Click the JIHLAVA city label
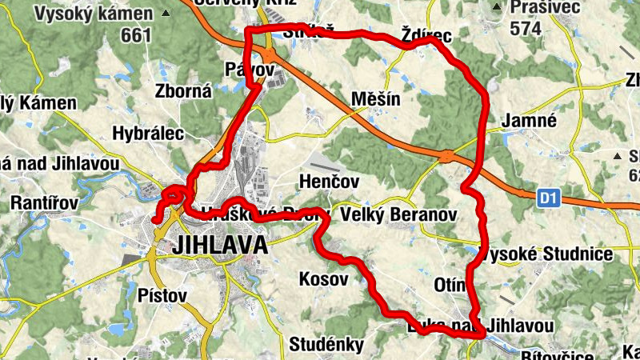(x=219, y=245)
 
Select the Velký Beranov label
(x=398, y=215)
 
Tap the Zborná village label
(x=184, y=91)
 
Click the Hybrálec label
(x=149, y=132)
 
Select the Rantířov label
(x=44, y=203)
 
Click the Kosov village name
(x=323, y=279)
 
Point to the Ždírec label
(x=427, y=36)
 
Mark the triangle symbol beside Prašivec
(x=497, y=7)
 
